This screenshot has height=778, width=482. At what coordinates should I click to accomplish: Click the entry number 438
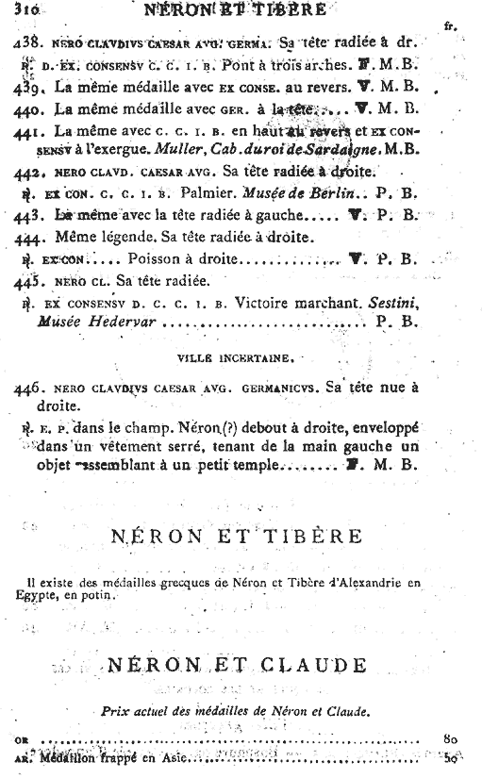27,43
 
